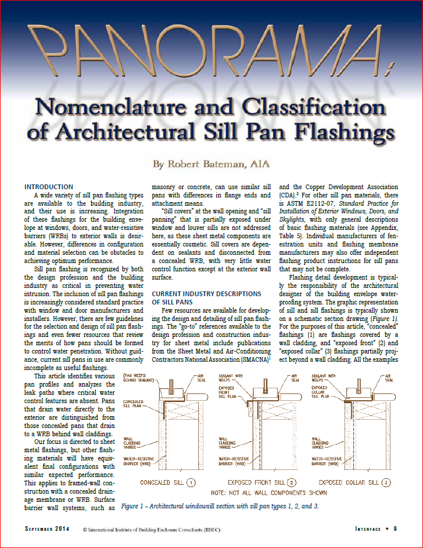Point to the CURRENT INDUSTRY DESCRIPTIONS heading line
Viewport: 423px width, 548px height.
point(206,293)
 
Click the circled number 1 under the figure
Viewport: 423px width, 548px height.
point(191,483)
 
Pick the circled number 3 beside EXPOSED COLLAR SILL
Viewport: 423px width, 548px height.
point(386,483)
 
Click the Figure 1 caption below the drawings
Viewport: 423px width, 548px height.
point(235,506)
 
